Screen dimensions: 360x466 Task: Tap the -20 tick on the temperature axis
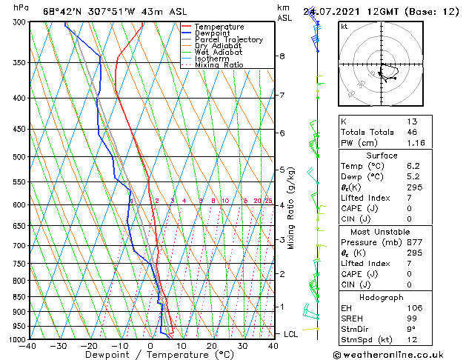pos(89,345)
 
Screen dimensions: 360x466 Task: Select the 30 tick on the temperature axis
pos(242,345)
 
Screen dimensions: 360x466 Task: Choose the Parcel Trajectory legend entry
pos(228,40)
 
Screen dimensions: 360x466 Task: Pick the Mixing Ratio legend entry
pos(219,65)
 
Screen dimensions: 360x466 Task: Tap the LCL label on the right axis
pos(291,334)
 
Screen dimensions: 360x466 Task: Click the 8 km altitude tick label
pos(282,56)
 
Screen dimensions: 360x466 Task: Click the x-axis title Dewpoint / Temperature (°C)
pos(150,355)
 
